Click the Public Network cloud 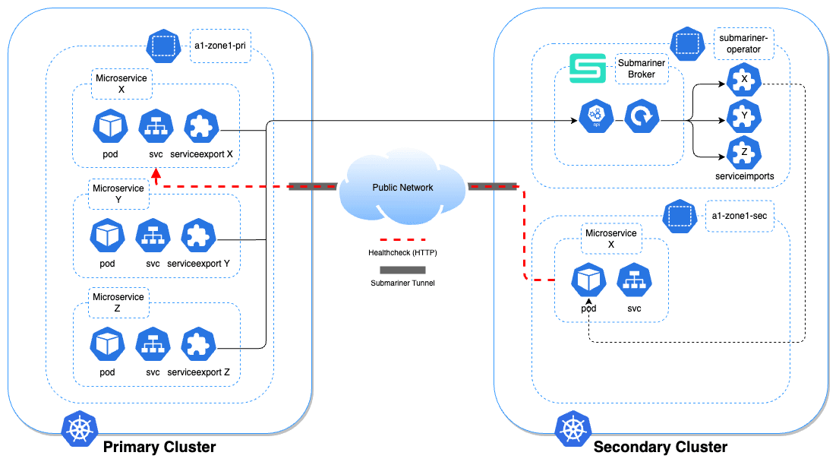tap(402, 187)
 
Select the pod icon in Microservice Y tap(106, 236)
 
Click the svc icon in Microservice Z tap(153, 344)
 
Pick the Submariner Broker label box tap(641, 69)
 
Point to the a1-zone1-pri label tap(219, 47)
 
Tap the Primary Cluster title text tap(159, 447)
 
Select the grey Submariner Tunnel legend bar tap(402, 269)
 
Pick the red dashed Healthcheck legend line tap(402, 239)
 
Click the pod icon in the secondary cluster tap(589, 280)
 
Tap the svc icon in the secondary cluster tap(634, 280)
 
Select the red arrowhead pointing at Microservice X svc tap(156, 176)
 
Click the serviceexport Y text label tap(199, 264)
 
